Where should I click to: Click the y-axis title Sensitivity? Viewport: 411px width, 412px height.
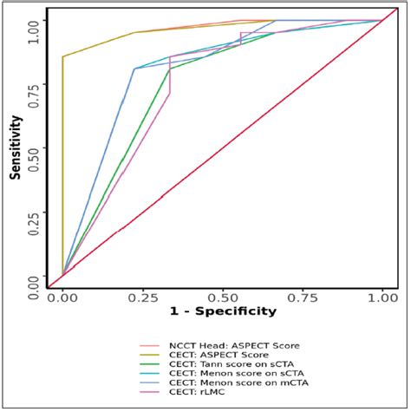click(15, 147)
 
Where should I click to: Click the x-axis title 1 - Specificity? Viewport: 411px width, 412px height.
click(223, 311)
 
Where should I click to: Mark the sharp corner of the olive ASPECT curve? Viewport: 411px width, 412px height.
click(63, 57)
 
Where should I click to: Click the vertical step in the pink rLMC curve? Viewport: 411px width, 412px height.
click(170, 75)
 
